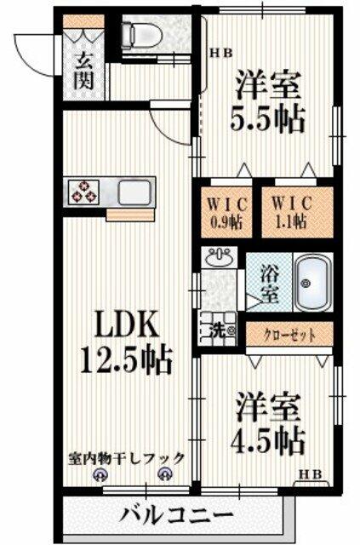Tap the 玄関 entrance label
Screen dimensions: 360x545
pos(83,72)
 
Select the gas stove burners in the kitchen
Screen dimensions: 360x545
pos(83,192)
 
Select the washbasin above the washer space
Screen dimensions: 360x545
pos(220,257)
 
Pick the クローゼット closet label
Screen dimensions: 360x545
pos(290,335)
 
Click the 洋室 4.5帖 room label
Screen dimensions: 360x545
pos(267,423)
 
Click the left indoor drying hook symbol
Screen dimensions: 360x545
pos(100,475)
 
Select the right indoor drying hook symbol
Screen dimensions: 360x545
pos(164,475)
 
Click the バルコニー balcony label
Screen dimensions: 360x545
pos(176,514)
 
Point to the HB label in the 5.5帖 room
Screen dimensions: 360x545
pos(221,53)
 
